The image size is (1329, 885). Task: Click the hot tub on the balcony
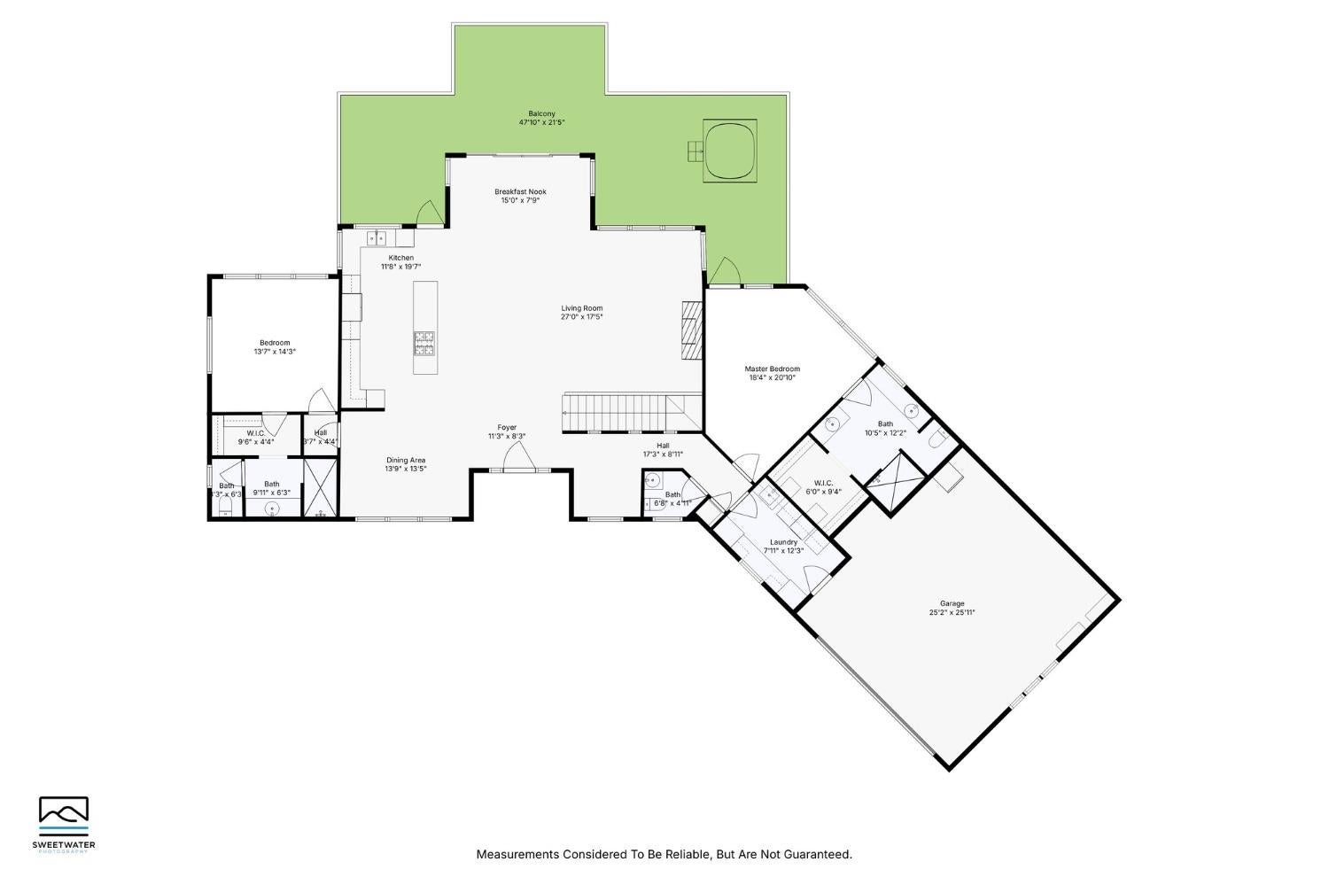(731, 151)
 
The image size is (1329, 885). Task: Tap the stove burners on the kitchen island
(424, 343)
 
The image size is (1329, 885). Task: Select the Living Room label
(581, 308)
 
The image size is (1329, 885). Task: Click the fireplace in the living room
(691, 329)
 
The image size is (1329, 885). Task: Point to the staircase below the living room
(620, 411)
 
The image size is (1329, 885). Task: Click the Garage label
(952, 603)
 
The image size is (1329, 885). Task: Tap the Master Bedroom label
(772, 369)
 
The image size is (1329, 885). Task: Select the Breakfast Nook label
(520, 191)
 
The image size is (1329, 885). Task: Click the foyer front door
(517, 458)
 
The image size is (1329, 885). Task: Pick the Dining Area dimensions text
(406, 469)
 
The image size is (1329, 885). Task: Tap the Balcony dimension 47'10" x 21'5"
(541, 122)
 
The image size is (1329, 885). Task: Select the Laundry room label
(783, 542)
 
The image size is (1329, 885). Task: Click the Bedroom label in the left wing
(275, 343)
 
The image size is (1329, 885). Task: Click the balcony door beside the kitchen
(429, 213)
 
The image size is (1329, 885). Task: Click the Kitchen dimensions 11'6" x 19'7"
(400, 266)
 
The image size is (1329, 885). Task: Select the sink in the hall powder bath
(653, 481)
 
